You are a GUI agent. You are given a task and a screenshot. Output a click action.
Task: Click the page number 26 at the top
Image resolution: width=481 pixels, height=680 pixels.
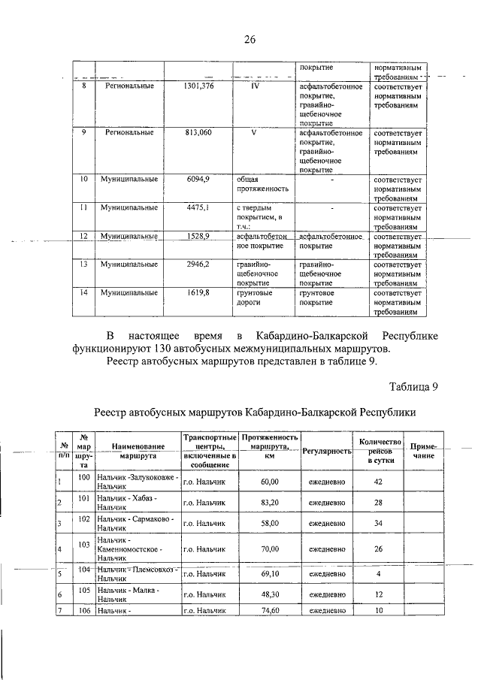pyautogui.click(x=250, y=39)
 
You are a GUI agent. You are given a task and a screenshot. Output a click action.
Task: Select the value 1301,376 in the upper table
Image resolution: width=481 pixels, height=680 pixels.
pyautogui.click(x=198, y=86)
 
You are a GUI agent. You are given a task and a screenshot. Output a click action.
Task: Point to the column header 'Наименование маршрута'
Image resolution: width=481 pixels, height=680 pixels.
pyautogui.click(x=136, y=450)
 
